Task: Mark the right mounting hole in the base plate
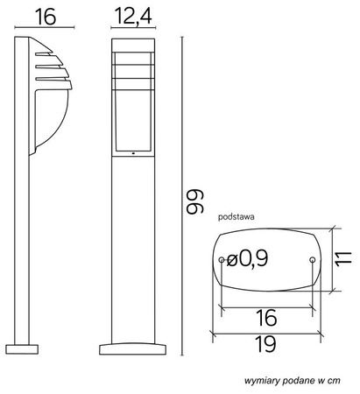tap(313, 260)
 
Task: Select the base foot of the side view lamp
tap(25, 348)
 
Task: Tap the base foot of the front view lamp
tap(133, 348)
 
